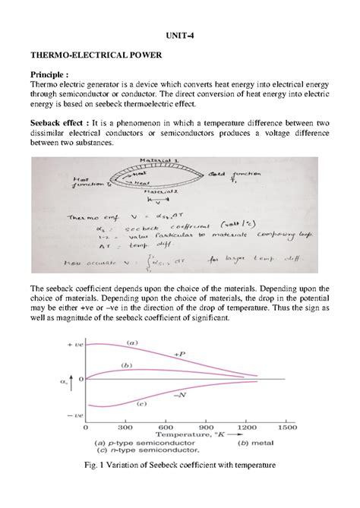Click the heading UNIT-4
[x=179, y=36]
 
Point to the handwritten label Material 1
[x=156, y=160]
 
